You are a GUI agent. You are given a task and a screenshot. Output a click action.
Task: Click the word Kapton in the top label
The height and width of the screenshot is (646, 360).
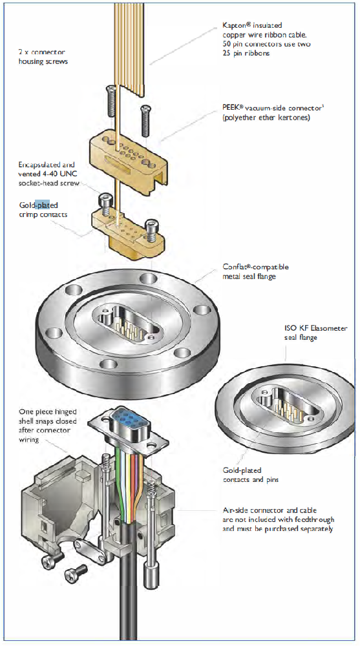click(x=233, y=26)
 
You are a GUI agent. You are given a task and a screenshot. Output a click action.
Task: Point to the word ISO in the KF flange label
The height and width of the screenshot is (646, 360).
click(x=291, y=329)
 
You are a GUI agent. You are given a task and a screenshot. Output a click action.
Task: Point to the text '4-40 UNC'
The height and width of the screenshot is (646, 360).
click(x=59, y=174)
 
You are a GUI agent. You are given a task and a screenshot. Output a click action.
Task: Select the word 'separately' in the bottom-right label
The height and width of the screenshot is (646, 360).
click(x=316, y=528)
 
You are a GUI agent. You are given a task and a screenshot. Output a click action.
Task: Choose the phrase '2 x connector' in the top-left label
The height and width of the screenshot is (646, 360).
click(x=41, y=53)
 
